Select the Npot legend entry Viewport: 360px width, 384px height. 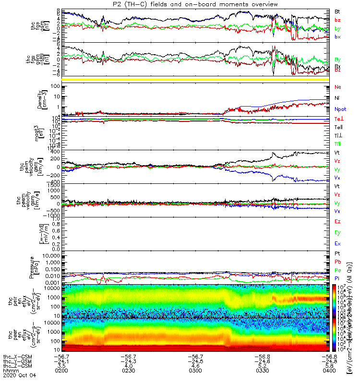(x=340, y=109)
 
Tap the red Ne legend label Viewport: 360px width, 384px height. (x=337, y=87)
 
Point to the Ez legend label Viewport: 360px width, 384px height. (x=337, y=222)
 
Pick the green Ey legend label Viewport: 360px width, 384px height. (x=337, y=233)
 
